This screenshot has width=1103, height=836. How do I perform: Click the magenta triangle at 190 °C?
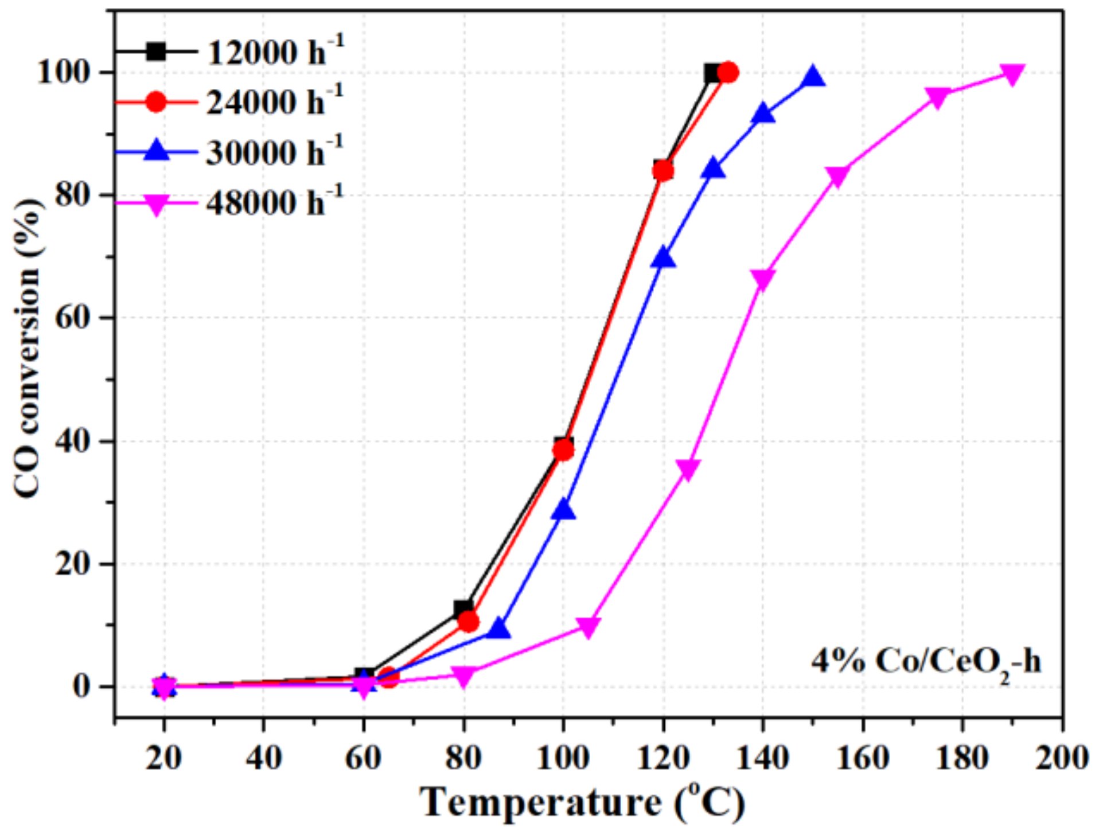[1011, 74]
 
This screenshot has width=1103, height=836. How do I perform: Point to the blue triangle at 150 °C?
[813, 76]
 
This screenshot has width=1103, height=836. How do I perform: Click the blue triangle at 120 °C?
[663, 258]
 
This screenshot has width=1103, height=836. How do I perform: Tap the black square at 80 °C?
[463, 609]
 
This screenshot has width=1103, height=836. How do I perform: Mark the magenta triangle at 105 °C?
[588, 627]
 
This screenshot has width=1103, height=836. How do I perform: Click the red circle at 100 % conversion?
[727, 73]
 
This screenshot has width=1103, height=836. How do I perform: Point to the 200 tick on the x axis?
[1061, 758]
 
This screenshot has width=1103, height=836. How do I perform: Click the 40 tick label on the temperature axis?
[263, 758]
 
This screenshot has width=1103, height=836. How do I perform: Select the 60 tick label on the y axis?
[73, 318]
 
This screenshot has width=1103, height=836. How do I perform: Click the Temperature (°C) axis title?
[582, 803]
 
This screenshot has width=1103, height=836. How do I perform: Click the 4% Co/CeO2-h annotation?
[925, 662]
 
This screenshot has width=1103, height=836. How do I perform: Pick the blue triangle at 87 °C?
[499, 629]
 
